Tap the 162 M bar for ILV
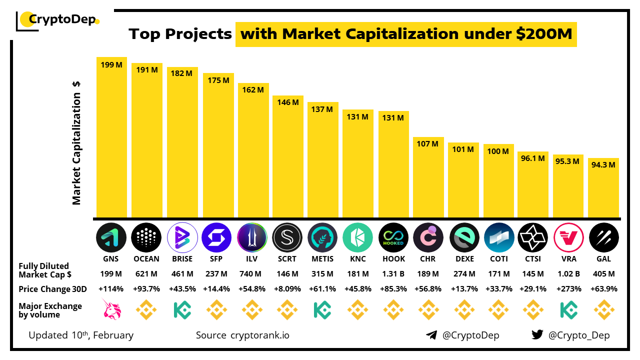click(253, 150)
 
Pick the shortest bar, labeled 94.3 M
click(603, 187)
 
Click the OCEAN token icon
click(146, 237)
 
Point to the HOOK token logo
click(393, 237)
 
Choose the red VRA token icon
click(569, 237)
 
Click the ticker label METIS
click(322, 259)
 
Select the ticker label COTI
click(498, 259)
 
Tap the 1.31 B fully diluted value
click(393, 274)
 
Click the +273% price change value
click(569, 289)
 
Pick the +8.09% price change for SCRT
click(287, 289)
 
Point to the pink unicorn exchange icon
click(111, 309)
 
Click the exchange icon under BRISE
click(182, 309)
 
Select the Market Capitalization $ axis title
click(76, 142)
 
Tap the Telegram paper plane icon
click(431, 335)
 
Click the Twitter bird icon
click(537, 335)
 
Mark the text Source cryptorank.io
click(242, 335)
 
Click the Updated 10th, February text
click(81, 335)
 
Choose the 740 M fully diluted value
click(253, 274)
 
